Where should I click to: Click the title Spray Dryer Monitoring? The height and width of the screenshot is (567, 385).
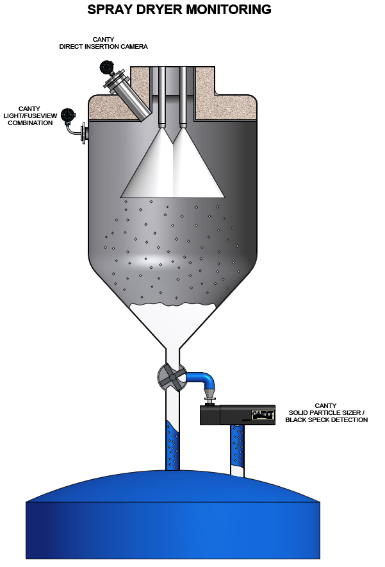(179, 10)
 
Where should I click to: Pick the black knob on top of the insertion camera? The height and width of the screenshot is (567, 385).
(105, 67)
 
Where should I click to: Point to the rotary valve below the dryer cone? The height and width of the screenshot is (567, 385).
(172, 377)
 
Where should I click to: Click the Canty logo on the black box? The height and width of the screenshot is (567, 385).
(263, 414)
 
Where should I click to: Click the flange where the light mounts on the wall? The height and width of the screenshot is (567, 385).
(84, 133)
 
